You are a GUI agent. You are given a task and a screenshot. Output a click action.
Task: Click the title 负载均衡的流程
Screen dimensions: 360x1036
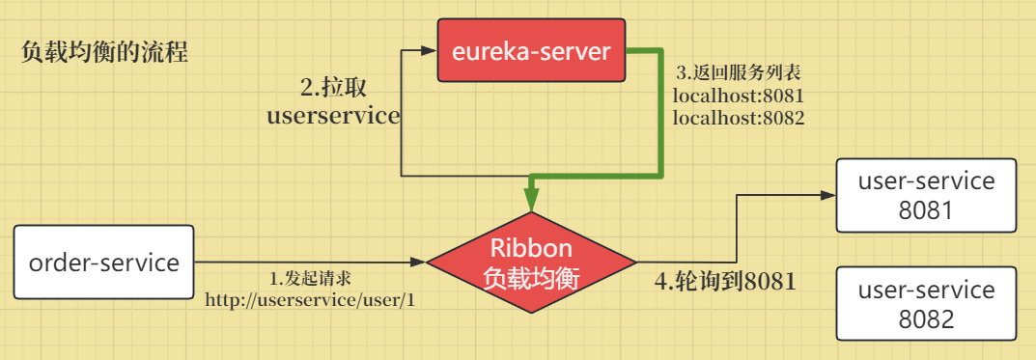[104, 52]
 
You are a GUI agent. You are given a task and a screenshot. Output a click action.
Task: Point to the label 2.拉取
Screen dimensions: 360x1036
[334, 87]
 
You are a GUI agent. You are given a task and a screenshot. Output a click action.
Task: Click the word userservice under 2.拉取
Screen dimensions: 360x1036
[333, 117]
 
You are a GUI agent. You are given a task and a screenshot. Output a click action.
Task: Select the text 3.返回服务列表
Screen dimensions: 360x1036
[739, 73]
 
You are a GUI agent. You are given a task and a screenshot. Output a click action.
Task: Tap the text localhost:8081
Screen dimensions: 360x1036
[740, 97]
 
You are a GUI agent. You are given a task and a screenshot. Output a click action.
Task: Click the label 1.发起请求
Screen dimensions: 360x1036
[310, 278]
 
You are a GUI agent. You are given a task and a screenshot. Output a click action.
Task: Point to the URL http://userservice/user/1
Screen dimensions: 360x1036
[310, 299]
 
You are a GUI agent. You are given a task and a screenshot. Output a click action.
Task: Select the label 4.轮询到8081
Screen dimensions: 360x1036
[726, 282]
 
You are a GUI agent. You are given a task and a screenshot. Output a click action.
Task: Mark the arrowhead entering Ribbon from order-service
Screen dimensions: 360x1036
[418, 261]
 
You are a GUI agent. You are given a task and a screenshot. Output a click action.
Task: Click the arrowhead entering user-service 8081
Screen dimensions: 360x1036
[828, 194]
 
